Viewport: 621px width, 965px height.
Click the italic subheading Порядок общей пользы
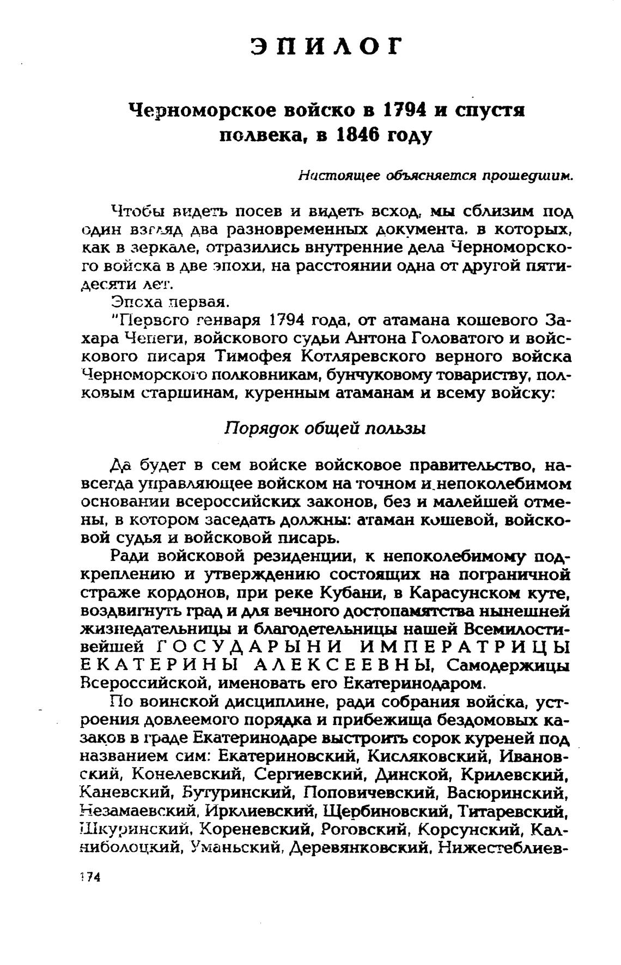click(x=325, y=429)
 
